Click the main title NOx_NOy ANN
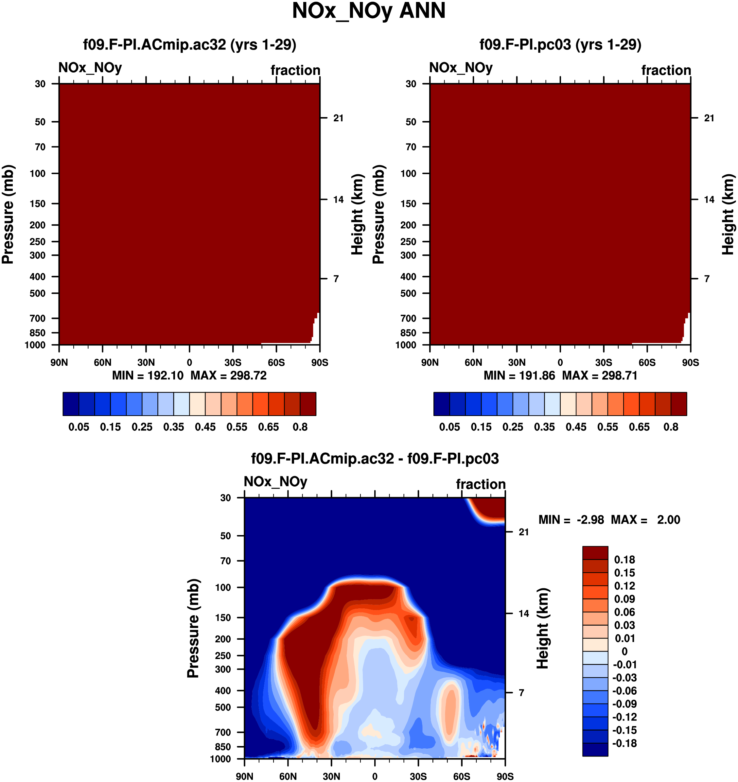pyautogui.click(x=369, y=11)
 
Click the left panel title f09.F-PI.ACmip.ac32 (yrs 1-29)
pyautogui.click(x=190, y=45)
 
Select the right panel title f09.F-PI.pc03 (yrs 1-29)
pyautogui.click(x=560, y=45)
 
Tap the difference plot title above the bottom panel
pyautogui.click(x=375, y=459)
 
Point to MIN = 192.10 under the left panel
pyautogui.click(x=148, y=376)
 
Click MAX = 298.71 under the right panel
pyautogui.click(x=600, y=376)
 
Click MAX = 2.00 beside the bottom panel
pyautogui.click(x=645, y=520)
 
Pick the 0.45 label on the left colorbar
pyautogui.click(x=205, y=427)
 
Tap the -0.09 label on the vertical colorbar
pyautogui.click(x=624, y=704)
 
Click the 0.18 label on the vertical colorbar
pyautogui.click(x=625, y=560)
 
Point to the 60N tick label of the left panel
pyautogui.click(x=103, y=363)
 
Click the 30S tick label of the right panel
pyautogui.click(x=604, y=363)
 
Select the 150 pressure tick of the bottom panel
pyautogui.click(x=223, y=617)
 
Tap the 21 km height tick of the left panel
pyautogui.click(x=338, y=118)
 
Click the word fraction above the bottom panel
pyautogui.click(x=481, y=485)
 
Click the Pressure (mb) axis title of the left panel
pyautogui.click(x=8, y=214)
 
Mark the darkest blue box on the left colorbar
pyautogui.click(x=71, y=404)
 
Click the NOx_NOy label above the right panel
pyautogui.click(x=461, y=68)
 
